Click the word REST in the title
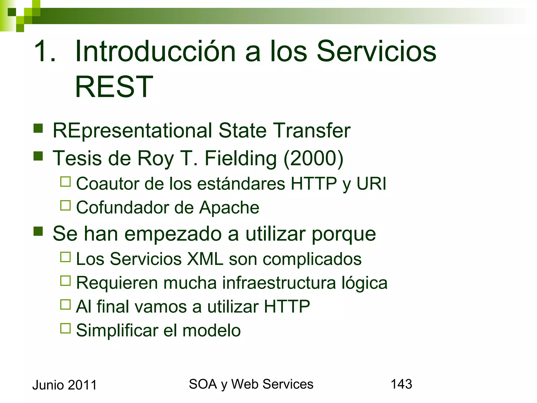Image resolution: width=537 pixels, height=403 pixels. coord(114,87)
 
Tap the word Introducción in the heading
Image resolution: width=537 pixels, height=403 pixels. coord(155,51)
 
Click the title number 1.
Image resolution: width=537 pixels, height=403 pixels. coord(45,51)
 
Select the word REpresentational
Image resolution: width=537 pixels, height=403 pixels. coord(132,130)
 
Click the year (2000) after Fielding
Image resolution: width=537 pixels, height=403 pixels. coord(314,158)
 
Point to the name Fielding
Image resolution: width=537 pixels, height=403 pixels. coord(240,158)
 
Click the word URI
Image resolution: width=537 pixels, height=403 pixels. coord(371,183)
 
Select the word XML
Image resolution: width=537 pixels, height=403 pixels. coord(205,259)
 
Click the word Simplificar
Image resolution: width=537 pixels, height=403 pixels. coord(117,330)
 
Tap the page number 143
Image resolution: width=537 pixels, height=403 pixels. coord(401,384)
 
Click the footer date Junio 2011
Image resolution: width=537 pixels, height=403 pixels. coord(65,385)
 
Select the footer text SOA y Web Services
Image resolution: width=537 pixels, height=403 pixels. coord(251,384)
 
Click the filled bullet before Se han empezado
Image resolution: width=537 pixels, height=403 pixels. coord(38,231)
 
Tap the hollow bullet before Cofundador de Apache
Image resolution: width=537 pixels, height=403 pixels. coord(66,205)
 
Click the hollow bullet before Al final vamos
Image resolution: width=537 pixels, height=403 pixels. coord(66,305)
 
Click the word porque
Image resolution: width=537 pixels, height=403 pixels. coord(343,234)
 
